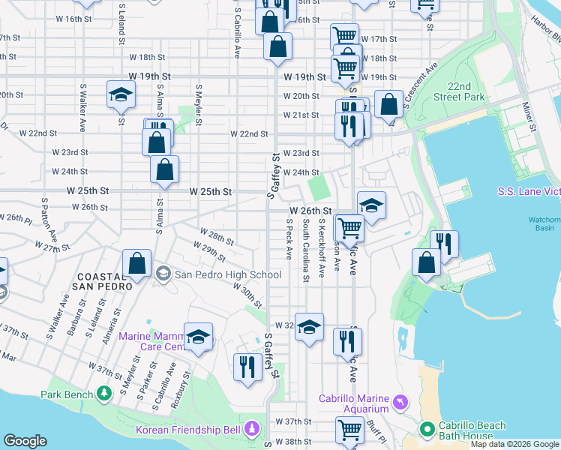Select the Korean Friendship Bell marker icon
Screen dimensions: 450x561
[253, 430]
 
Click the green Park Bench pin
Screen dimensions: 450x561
[103, 394]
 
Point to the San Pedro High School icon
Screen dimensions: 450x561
[163, 274]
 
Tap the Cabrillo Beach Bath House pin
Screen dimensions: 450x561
[427, 430]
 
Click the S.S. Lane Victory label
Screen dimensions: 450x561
[529, 192]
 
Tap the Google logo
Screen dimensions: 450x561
[25, 441]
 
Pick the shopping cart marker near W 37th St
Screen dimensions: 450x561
[349, 430]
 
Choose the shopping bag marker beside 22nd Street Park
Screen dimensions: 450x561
[389, 104]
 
